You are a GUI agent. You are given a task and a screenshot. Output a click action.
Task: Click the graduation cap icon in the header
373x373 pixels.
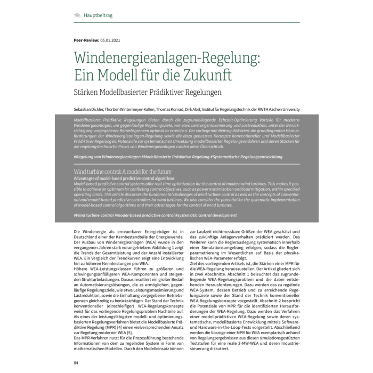(x=77, y=15)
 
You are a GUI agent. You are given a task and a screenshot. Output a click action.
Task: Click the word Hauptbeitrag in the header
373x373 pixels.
(x=98, y=15)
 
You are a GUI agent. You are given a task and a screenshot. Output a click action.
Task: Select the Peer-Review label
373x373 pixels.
(x=87, y=40)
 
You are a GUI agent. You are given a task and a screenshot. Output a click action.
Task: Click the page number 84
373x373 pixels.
(x=76, y=363)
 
